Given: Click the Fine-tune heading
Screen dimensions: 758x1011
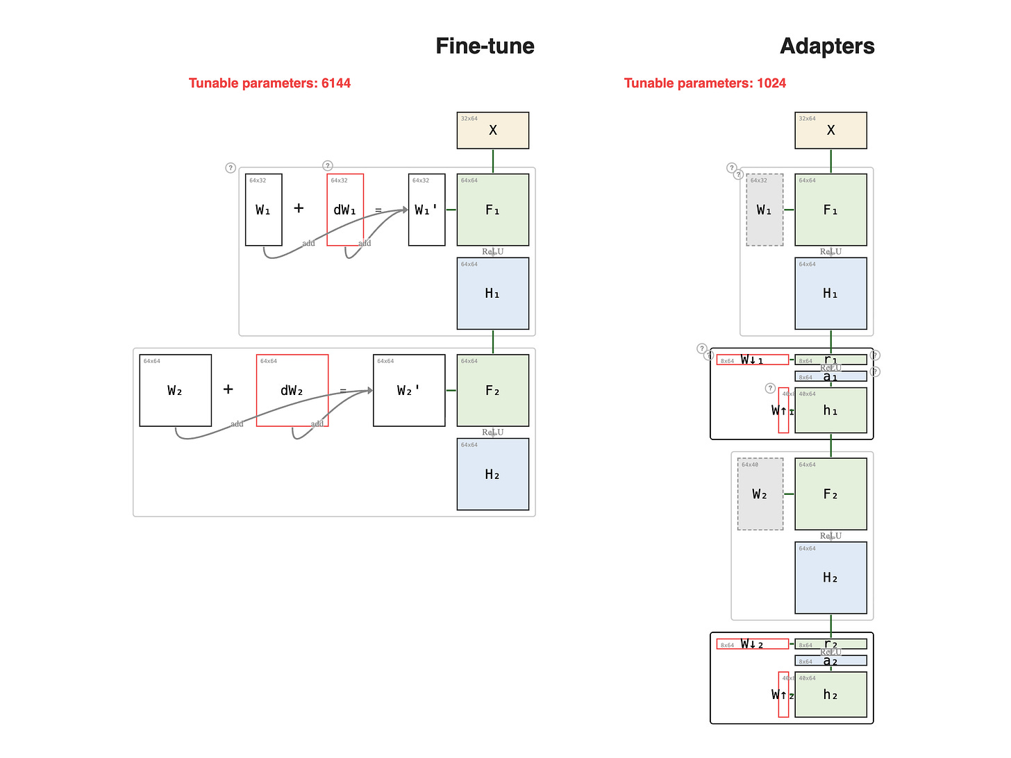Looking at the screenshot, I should [x=485, y=46].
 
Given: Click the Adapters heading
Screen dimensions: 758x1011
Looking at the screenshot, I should [x=827, y=46].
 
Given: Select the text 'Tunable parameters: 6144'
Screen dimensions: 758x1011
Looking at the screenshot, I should [x=269, y=83].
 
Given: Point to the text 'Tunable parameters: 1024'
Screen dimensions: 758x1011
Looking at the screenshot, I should [x=705, y=83].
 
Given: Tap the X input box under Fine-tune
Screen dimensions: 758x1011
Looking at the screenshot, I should [x=492, y=130].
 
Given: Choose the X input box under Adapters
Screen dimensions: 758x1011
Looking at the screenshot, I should [x=830, y=130].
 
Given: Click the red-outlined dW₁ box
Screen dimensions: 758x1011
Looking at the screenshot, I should [x=345, y=210].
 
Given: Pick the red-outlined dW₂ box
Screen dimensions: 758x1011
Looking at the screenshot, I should [x=292, y=390].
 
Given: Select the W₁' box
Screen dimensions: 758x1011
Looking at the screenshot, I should [x=426, y=210].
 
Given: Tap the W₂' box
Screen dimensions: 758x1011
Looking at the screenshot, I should [x=409, y=390].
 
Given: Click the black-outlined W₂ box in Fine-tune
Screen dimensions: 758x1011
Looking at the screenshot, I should [x=175, y=390].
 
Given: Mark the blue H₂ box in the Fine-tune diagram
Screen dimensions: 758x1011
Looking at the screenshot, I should [x=492, y=474].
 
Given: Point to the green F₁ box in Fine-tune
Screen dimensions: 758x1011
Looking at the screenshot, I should [x=492, y=210].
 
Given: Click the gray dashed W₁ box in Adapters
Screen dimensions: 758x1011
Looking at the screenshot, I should [x=764, y=210].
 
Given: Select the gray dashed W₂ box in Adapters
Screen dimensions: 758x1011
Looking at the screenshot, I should [x=760, y=494].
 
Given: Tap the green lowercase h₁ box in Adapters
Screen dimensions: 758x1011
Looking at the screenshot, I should [x=830, y=410].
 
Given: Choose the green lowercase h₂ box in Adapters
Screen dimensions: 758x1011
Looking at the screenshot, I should [x=830, y=694].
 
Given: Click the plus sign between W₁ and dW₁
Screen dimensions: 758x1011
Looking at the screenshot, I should [x=299, y=208].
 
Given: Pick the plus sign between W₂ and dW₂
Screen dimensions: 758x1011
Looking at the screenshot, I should [x=228, y=389].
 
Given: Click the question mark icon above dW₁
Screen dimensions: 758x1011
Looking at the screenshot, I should [x=327, y=166].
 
